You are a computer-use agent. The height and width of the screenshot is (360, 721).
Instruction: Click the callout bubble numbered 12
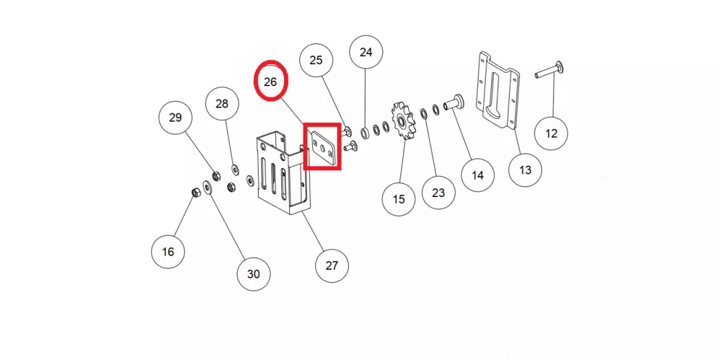click(552, 133)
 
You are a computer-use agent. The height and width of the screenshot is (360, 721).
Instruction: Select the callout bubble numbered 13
click(525, 170)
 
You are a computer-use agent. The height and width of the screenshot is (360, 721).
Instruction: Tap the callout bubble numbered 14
click(478, 174)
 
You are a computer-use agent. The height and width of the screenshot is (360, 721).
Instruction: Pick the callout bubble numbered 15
click(399, 198)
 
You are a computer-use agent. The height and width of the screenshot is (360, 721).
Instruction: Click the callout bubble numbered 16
click(168, 252)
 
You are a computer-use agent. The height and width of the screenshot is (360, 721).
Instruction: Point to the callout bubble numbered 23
click(438, 193)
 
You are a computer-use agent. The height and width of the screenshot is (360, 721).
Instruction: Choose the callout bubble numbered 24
click(366, 53)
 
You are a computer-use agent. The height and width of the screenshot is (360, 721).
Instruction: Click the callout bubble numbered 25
click(316, 61)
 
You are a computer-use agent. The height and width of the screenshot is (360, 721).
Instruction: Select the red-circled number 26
click(270, 82)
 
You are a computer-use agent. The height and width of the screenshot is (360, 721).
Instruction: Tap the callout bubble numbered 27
click(332, 265)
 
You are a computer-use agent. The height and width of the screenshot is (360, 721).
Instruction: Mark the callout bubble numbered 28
click(222, 104)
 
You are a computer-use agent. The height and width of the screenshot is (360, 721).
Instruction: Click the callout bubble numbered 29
click(175, 118)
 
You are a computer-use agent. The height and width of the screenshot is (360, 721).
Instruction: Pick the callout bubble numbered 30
click(253, 274)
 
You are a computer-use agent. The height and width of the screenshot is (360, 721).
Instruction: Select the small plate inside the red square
click(322, 146)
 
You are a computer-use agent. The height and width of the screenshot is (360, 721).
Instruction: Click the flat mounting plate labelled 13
click(498, 89)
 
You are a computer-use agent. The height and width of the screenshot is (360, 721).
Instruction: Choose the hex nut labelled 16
click(195, 191)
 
